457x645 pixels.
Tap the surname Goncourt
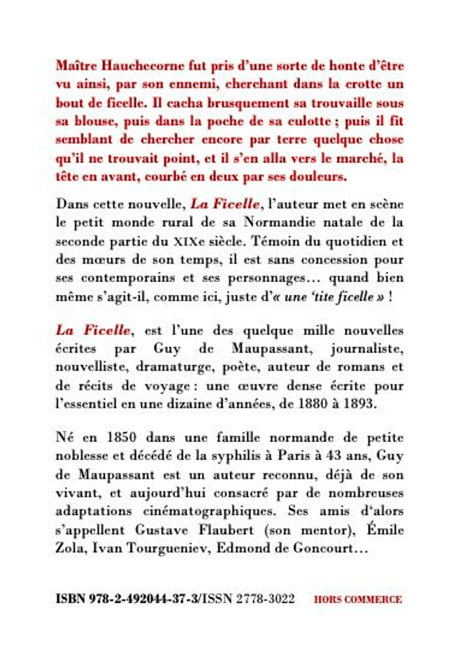tap(330, 549)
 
